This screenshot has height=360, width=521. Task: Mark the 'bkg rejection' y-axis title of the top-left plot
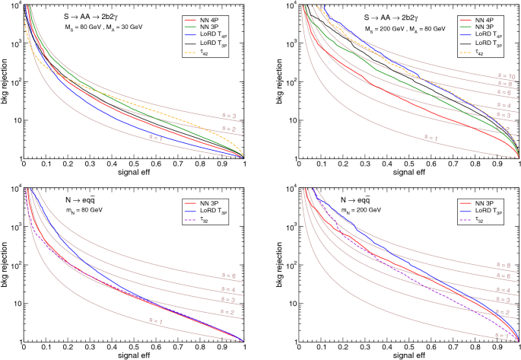pyautogui.click(x=6, y=81)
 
